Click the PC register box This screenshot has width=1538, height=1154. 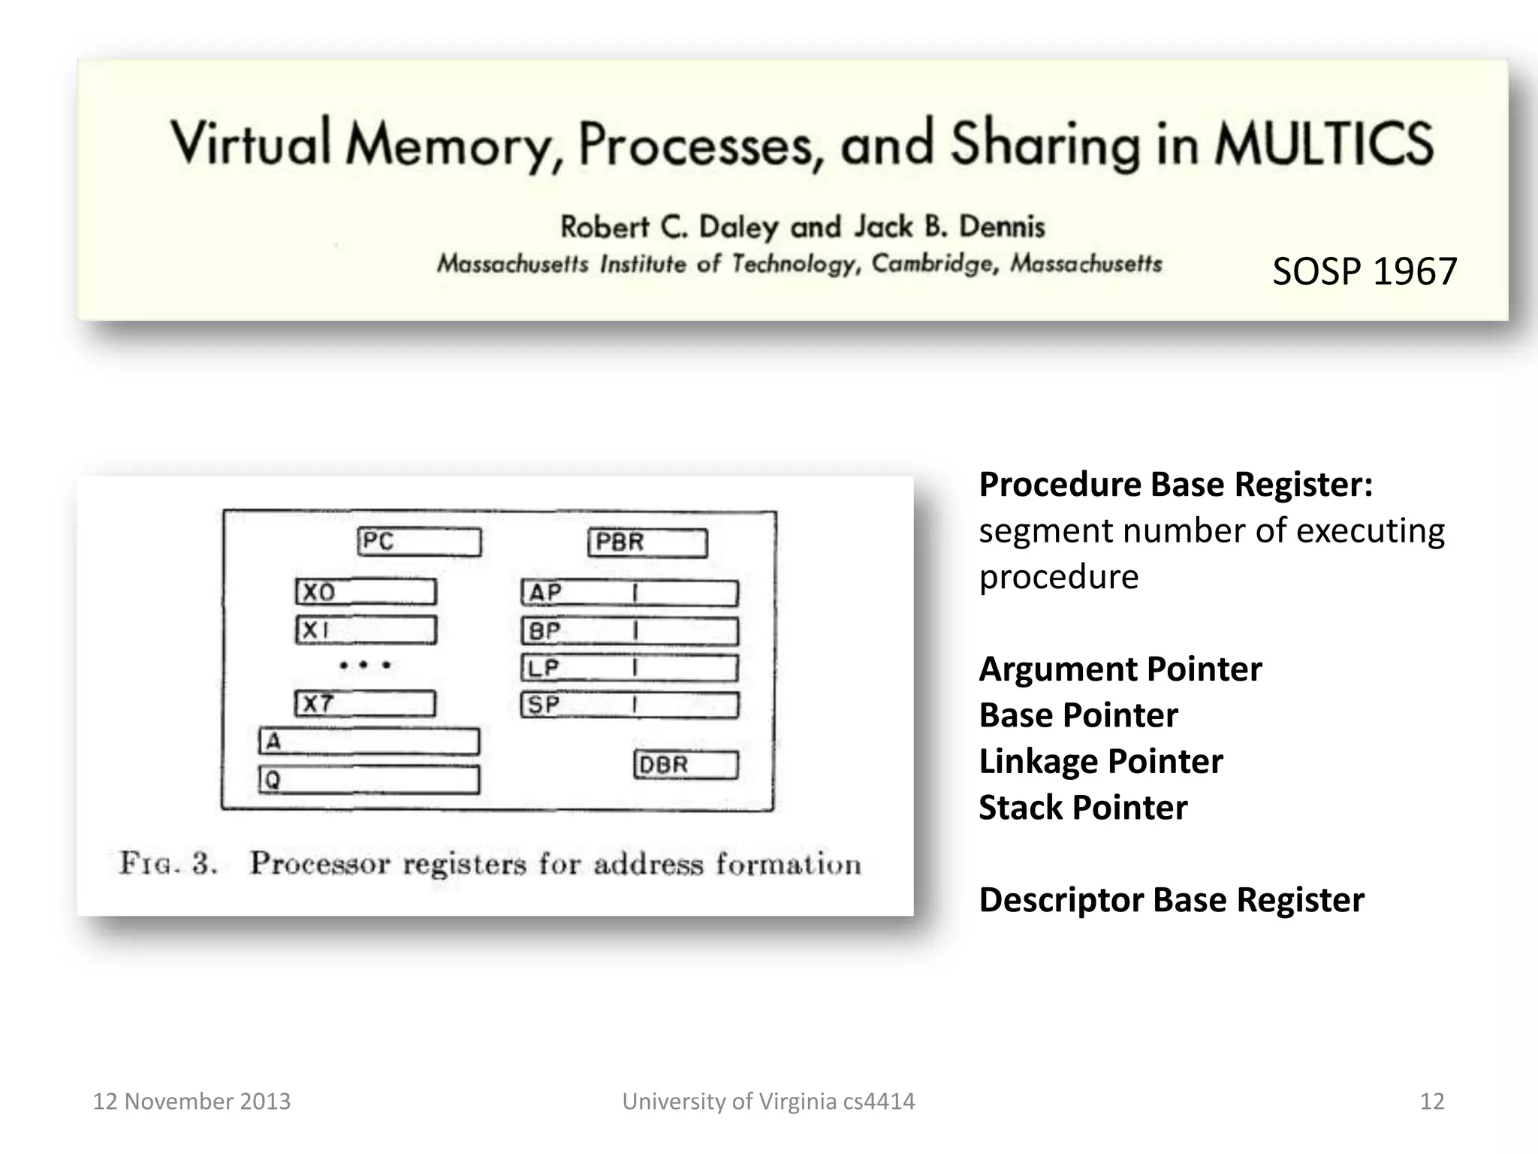tap(419, 542)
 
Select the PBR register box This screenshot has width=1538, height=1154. tap(647, 542)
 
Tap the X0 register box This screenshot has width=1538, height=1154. tap(366, 592)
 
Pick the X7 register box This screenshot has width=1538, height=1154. tap(365, 704)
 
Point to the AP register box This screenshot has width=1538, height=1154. tap(629, 593)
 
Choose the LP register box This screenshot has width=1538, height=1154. tap(629, 668)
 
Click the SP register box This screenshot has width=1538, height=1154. tap(629, 705)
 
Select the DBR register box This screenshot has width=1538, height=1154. tap(686, 765)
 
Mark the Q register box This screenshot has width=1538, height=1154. tap(369, 780)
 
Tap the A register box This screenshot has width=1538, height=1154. tap(369, 742)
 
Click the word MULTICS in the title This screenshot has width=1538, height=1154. tap(1324, 143)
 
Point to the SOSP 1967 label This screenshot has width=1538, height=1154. tap(1364, 271)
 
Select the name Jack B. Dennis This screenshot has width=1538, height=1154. tap(949, 226)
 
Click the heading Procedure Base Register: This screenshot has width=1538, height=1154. tap(1175, 485)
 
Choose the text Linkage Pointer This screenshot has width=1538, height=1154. tap(1100, 762)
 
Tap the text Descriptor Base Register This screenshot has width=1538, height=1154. tap(1171, 900)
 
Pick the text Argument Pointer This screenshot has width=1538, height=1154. tap(1120, 669)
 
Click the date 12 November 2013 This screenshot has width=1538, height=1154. tap(191, 1101)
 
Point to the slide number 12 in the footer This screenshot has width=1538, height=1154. tap(1431, 1101)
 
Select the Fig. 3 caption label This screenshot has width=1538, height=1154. tap(168, 863)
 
